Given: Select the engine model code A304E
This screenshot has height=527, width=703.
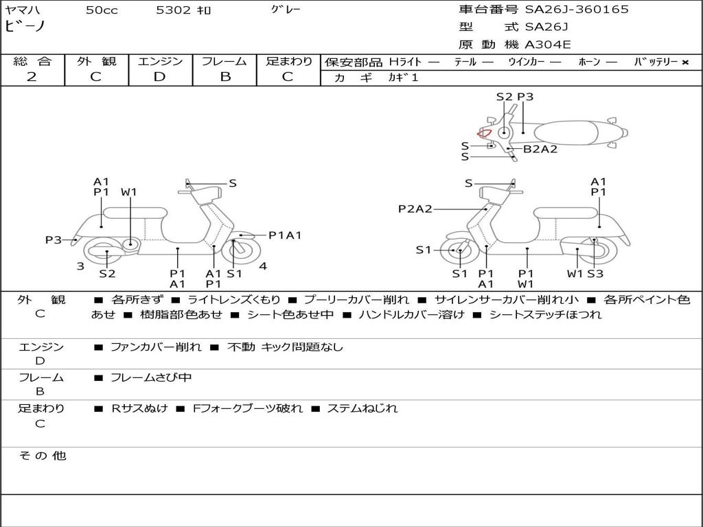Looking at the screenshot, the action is pyautogui.click(x=548, y=45).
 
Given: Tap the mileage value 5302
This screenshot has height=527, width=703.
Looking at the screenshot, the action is pyautogui.click(x=173, y=10).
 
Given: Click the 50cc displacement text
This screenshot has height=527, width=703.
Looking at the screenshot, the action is pyautogui.click(x=102, y=10).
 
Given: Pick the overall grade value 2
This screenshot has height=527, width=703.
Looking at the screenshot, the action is pyautogui.click(x=32, y=77).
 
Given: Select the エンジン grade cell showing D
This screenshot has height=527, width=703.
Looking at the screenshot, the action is pyautogui.click(x=160, y=77).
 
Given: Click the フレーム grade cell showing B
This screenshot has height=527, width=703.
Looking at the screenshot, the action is pyautogui.click(x=224, y=77).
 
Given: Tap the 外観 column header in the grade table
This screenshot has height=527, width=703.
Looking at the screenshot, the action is pyautogui.click(x=96, y=62).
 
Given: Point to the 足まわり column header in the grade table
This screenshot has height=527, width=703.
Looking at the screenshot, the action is pyautogui.click(x=289, y=62).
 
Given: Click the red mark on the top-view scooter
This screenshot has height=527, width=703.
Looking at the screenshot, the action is pyautogui.click(x=484, y=133).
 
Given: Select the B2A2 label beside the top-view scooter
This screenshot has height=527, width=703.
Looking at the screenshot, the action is pyautogui.click(x=540, y=149).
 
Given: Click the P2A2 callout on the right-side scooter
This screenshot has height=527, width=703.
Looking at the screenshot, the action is pyautogui.click(x=415, y=209).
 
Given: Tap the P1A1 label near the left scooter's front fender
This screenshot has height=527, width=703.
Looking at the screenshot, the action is pyautogui.click(x=285, y=235).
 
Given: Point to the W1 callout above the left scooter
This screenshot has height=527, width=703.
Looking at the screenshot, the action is pyautogui.click(x=129, y=192).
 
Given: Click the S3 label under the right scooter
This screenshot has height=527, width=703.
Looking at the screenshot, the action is pyautogui.click(x=595, y=274).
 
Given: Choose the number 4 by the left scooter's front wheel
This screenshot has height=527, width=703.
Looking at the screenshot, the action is pyautogui.click(x=263, y=266).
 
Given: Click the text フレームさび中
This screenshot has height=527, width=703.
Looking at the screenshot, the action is pyautogui.click(x=152, y=378).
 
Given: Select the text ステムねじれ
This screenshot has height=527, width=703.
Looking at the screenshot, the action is pyautogui.click(x=362, y=409).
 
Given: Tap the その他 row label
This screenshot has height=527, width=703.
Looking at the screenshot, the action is pyautogui.click(x=42, y=456).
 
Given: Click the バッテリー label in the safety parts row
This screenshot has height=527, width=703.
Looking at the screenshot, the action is pyautogui.click(x=656, y=62).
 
